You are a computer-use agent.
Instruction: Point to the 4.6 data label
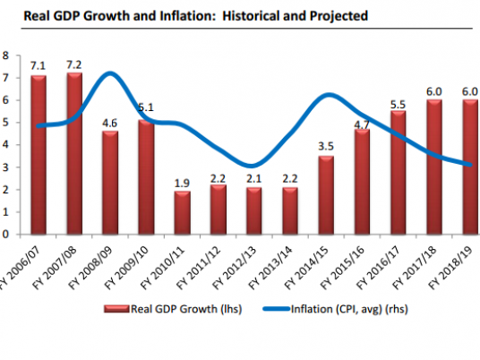110,122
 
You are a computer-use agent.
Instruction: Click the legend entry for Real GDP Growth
169,311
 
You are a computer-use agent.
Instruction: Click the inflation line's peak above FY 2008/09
108,73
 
